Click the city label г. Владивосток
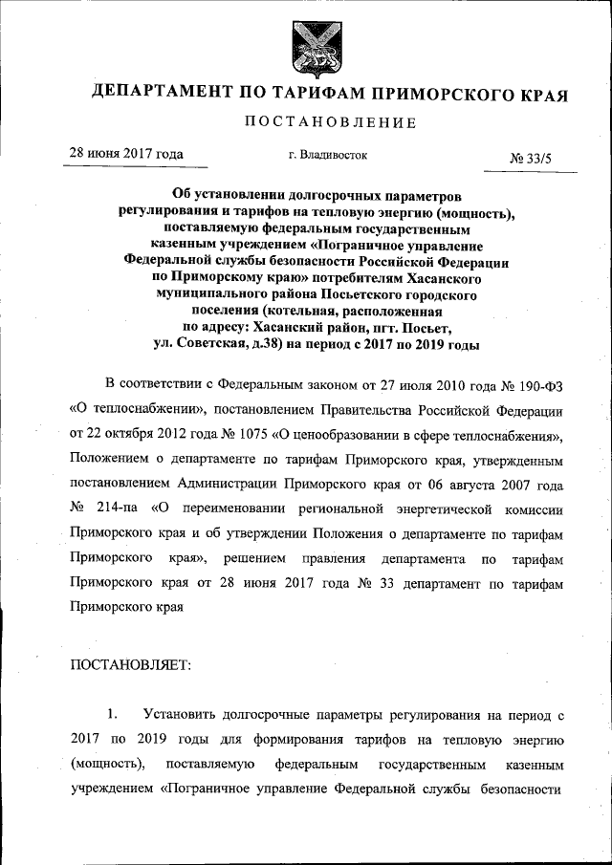(327, 153)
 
